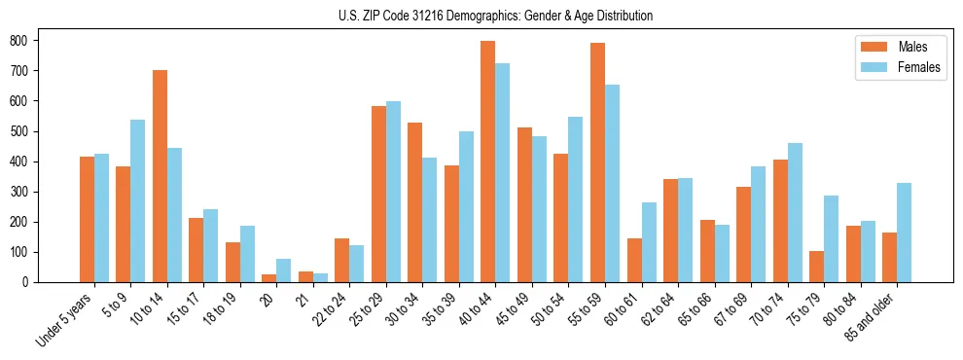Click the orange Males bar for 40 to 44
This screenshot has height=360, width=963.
point(487,162)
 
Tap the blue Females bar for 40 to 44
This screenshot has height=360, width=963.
point(502,173)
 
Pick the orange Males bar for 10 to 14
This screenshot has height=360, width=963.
point(160,176)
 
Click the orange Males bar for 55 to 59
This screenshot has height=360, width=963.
point(597,162)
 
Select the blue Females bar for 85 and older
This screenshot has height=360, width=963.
point(904,233)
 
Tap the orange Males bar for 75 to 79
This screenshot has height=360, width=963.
point(816,267)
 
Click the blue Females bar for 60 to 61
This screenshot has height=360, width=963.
point(649,242)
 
